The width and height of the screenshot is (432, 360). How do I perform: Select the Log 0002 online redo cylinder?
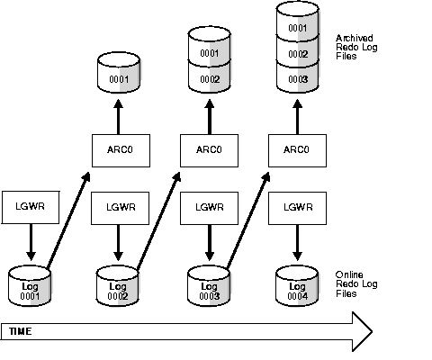coord(118,285)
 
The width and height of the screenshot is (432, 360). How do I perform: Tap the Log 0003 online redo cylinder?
coord(206,285)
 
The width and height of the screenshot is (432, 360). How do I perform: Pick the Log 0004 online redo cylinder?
coord(295,285)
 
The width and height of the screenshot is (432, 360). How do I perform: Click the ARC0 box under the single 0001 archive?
coord(118,149)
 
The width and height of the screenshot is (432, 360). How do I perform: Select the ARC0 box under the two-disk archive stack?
coord(206,149)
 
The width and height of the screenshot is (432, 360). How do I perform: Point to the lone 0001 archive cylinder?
coord(118,78)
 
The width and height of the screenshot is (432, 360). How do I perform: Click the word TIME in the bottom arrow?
coord(21,331)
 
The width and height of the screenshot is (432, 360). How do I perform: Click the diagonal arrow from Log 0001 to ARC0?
coord(68,218)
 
